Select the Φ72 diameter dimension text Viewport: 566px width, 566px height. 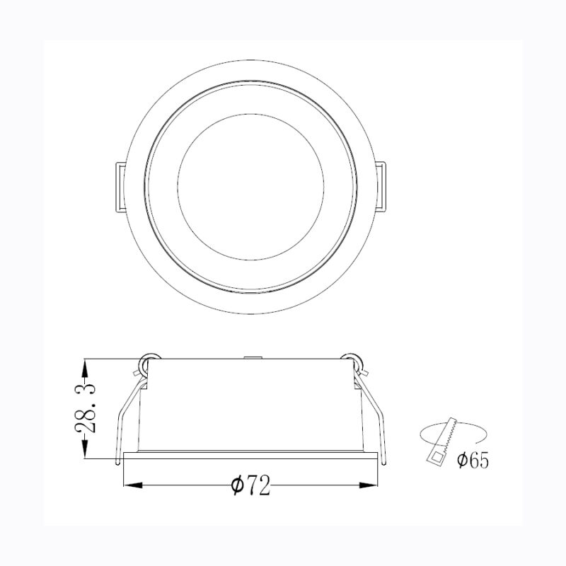pos(250,486)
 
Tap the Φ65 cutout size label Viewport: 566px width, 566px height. pos(473,461)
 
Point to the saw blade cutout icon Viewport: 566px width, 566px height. pos(440,442)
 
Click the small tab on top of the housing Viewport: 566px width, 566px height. pos(250,358)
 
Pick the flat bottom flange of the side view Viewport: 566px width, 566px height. pos(250,454)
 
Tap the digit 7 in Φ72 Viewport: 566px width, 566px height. pos(253,486)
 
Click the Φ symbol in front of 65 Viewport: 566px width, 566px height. pos(461,461)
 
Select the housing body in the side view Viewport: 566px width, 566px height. pos(250,407)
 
